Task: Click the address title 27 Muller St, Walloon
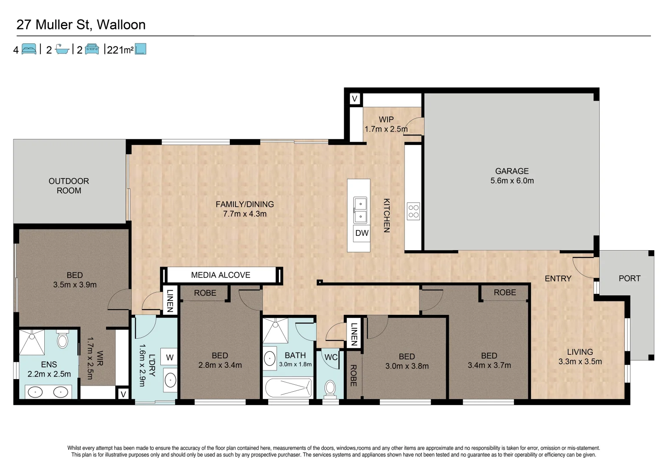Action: point(81,25)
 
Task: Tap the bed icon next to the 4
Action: point(29,50)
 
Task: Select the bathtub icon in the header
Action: point(63,50)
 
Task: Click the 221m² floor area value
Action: point(119,50)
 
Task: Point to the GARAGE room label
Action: point(512,171)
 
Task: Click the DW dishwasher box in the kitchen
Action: point(362,233)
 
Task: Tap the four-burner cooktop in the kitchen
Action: point(413,211)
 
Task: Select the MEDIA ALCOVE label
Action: point(221,275)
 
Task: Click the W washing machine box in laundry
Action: point(169,357)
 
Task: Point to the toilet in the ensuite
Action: point(63,340)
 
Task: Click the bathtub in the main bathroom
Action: point(288,388)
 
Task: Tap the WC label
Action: point(331,357)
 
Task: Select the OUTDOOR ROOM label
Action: point(69,186)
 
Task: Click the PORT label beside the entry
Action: point(629,278)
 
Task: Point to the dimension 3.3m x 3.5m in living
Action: point(580,362)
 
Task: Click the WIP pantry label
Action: point(386,119)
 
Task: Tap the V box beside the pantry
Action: point(355,99)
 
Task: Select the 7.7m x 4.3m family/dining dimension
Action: point(245,214)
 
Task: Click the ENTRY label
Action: point(558,278)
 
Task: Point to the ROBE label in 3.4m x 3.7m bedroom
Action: point(504,293)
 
